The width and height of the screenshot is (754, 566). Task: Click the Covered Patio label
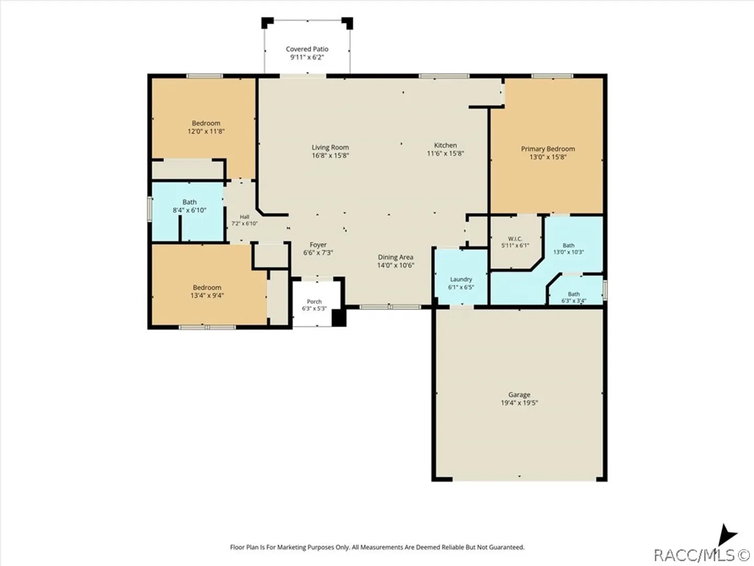(307, 49)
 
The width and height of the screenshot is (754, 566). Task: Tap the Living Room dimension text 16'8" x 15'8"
(330, 155)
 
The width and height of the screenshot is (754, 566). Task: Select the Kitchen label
(445, 145)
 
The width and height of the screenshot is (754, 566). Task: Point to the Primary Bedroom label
(548, 149)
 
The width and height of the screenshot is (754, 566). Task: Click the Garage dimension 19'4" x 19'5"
(519, 402)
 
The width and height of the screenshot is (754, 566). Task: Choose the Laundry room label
(461, 279)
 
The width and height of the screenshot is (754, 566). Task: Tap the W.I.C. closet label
(515, 238)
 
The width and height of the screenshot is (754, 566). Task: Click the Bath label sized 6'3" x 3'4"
(574, 294)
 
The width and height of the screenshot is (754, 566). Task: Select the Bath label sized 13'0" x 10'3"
(569, 245)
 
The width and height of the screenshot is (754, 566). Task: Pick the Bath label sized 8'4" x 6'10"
(189, 202)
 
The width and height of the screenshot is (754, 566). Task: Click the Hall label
(245, 216)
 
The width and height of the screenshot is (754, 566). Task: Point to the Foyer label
(318, 245)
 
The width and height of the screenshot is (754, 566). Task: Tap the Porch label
(314, 301)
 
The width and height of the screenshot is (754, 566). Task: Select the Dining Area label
(395, 257)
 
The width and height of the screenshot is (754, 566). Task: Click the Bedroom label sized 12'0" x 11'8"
(206, 123)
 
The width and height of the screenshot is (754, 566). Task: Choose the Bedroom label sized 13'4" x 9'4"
(207, 287)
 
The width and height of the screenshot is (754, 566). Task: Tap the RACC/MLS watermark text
(702, 555)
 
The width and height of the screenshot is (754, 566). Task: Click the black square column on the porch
(338, 318)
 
